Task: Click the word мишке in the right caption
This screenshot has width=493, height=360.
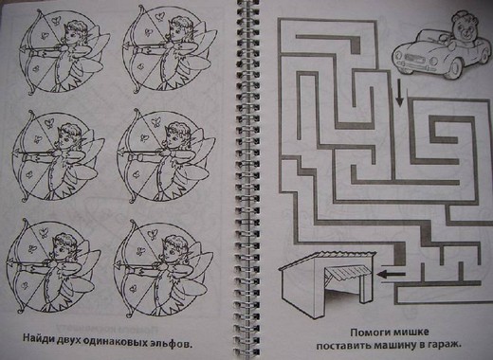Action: pos(410,333)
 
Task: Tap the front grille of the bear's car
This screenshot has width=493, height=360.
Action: pos(415,57)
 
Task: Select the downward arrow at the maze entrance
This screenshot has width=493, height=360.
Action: pos(400,92)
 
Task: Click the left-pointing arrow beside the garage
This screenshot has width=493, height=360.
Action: pos(392,274)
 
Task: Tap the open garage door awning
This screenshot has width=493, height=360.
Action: pos(347,272)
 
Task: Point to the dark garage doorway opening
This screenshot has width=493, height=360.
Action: pos(343,292)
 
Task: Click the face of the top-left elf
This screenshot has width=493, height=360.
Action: pos(70,34)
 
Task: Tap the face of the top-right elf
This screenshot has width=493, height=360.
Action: pos(176,31)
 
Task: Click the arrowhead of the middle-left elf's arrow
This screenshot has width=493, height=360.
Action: pos(16,153)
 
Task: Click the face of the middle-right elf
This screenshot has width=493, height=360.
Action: pos(174,138)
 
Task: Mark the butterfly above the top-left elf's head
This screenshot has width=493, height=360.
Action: pos(57,20)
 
